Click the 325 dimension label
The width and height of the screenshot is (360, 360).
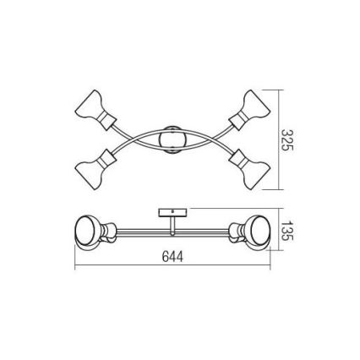coord(287,140)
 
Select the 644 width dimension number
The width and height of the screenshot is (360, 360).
coord(172,256)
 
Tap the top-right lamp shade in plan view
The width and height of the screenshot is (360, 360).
coord(255,104)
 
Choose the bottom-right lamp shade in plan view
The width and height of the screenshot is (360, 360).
coord(255,175)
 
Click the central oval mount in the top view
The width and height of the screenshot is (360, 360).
coord(172,140)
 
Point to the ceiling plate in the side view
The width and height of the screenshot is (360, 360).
coord(172,212)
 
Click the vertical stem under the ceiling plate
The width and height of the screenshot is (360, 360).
coord(172,226)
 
